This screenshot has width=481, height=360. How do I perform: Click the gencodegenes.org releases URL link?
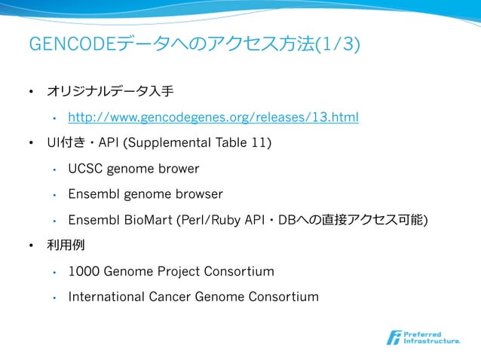click(213, 117)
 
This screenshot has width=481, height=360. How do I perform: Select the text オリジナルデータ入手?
click(110, 92)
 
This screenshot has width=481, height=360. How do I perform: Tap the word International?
click(107, 297)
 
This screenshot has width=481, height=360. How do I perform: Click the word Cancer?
click(170, 297)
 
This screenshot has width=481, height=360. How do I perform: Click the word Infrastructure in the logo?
click(433, 341)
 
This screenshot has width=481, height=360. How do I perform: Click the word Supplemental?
click(176, 143)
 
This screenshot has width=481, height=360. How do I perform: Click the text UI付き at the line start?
click(63, 143)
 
